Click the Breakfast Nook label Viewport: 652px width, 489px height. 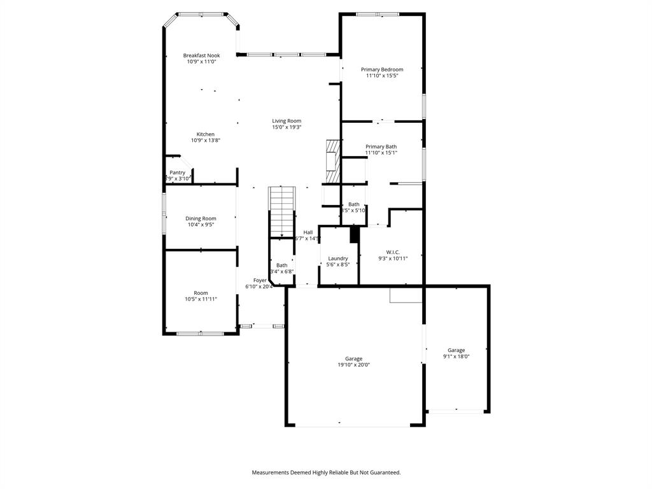click(x=201, y=55)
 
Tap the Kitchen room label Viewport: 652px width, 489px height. click(x=205, y=134)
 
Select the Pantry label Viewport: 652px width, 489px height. click(x=178, y=173)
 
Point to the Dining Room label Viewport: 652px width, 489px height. click(x=201, y=218)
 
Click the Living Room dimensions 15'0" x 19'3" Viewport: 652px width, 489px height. click(x=287, y=127)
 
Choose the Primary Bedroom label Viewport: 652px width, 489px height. click(x=382, y=69)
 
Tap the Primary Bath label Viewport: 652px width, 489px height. click(x=381, y=146)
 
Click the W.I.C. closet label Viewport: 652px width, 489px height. click(x=392, y=252)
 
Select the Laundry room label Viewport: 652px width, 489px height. click(x=338, y=259)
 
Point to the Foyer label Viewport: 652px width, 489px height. click(x=260, y=280)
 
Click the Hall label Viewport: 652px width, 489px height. click(x=308, y=232)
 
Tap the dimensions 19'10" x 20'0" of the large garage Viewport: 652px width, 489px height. click(x=354, y=365)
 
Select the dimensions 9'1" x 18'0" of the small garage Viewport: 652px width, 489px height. click(x=456, y=357)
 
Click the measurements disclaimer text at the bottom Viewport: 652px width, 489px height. click(x=326, y=472)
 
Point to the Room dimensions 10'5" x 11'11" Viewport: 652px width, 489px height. click(x=201, y=299)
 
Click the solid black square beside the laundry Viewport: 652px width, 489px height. click(x=355, y=234)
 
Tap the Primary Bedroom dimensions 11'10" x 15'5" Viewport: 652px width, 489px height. click(x=382, y=76)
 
